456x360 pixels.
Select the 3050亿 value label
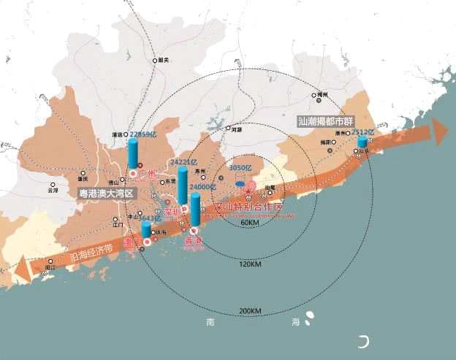240,168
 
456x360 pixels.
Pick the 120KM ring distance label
248,264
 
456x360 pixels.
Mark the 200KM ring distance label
249,311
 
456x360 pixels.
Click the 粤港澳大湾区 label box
107,194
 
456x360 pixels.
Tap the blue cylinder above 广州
133,154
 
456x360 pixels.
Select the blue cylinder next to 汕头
362,142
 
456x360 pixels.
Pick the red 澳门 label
135,240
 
